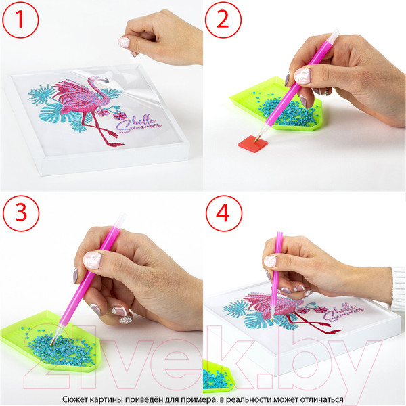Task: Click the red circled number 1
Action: click(x=20, y=20)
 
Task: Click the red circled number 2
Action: click(x=223, y=20)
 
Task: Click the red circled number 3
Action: click(x=21, y=213)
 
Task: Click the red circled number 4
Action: click(x=224, y=213)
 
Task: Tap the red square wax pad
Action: click(x=252, y=143)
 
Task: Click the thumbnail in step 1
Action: click(x=124, y=42)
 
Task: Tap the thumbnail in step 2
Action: click(x=302, y=75)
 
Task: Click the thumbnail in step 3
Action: click(x=93, y=260)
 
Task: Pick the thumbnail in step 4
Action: click(x=270, y=261)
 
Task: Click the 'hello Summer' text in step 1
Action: click(x=139, y=125)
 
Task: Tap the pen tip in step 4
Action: click(x=272, y=321)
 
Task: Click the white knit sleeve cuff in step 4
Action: click(x=398, y=288)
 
